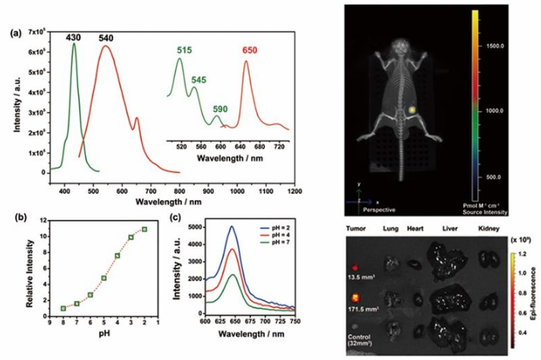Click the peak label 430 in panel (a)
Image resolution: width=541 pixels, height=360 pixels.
click(x=73, y=37)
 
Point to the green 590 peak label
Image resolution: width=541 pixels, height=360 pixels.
click(x=221, y=108)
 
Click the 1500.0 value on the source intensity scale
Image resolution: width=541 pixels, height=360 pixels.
click(x=498, y=46)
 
